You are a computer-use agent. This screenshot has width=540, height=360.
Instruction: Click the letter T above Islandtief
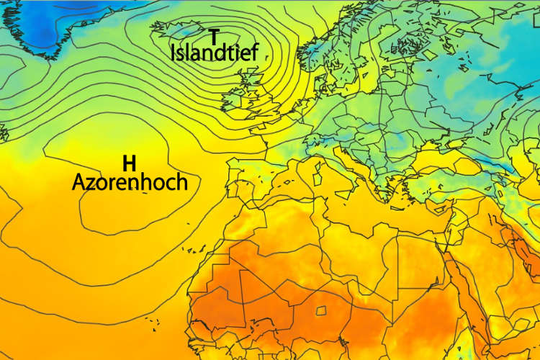click(x=214, y=37)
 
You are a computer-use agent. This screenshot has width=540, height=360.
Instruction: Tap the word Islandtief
click(x=214, y=53)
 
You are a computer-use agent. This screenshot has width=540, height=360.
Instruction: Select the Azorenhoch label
click(x=130, y=182)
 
